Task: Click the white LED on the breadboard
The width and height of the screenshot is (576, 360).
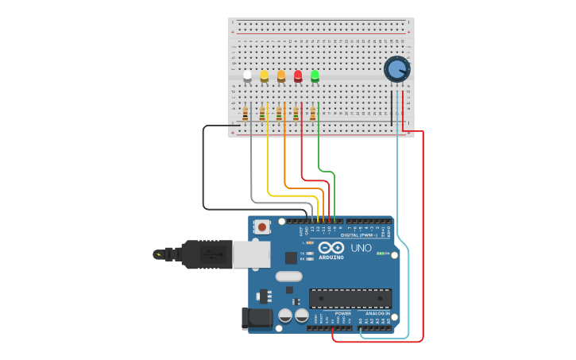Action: click(247, 75)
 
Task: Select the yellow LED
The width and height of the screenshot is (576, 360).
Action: click(265, 75)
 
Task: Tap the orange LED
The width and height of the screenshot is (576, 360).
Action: click(281, 75)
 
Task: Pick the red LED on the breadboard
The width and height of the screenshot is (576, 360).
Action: click(298, 75)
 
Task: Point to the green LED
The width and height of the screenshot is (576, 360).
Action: click(315, 75)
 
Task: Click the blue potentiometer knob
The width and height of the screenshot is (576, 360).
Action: click(396, 70)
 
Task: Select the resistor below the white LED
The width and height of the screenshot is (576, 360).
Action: click(245, 114)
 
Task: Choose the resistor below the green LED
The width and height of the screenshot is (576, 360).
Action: click(312, 114)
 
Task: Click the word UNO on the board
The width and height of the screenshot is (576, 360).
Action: click(361, 249)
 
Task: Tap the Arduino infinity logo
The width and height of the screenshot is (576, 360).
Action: click(331, 248)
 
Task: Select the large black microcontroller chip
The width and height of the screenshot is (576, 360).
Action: click(350, 298)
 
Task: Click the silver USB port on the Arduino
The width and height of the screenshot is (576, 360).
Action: click(251, 254)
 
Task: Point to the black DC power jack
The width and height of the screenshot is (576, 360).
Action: click(257, 318)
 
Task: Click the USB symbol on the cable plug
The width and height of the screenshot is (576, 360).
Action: click(210, 255)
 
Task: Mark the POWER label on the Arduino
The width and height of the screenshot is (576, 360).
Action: click(342, 313)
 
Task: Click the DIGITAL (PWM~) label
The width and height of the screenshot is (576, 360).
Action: click(359, 235)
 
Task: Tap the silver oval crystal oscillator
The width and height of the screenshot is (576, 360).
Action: click(289, 277)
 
